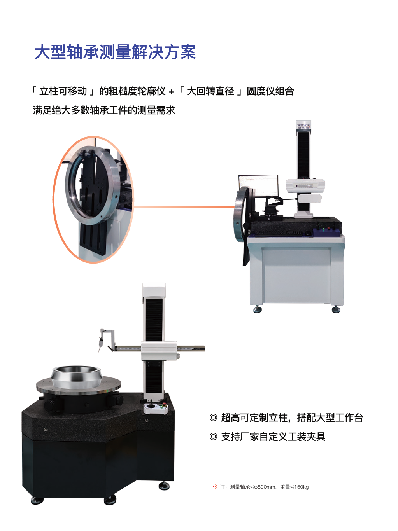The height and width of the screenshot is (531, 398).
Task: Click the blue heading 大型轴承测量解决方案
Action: click(115, 52)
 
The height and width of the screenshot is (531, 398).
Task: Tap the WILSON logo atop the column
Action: click(303, 126)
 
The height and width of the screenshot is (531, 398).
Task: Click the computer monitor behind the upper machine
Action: click(258, 185)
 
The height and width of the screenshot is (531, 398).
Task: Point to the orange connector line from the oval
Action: click(184, 207)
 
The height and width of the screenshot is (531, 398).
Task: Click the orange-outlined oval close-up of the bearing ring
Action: click(93, 199)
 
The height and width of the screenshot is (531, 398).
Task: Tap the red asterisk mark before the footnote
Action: click(215, 486)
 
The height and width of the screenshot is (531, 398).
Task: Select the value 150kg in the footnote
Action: click(302, 487)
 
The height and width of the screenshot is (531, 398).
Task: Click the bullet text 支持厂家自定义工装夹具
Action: click(273, 437)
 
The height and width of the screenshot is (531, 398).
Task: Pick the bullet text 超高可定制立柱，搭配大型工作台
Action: click(292, 418)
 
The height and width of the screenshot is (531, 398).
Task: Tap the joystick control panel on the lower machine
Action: click(155, 409)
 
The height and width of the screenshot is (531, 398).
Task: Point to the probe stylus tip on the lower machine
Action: click(99, 351)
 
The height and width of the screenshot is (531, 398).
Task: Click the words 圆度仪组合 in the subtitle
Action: click(270, 91)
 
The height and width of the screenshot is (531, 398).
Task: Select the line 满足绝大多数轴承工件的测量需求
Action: click(104, 110)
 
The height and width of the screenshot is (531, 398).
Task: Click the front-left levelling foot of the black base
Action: click(37, 500)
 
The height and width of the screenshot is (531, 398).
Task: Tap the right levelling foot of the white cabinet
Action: click(336, 309)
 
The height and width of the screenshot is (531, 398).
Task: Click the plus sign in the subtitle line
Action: click(172, 92)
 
